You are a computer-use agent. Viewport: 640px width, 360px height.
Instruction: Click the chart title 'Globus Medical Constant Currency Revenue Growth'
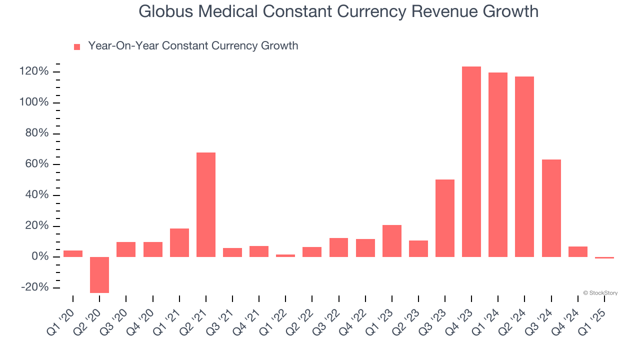point(338,11)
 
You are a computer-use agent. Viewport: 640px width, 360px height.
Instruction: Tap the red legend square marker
point(77,47)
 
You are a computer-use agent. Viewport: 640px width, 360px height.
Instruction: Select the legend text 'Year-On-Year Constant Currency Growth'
point(193,46)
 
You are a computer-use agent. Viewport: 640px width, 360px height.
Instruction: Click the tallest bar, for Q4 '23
point(471,161)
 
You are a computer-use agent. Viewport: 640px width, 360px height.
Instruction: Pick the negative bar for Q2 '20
point(99,274)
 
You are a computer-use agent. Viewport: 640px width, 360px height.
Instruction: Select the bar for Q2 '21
point(206,204)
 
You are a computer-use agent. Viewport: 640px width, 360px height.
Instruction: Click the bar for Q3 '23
point(444,218)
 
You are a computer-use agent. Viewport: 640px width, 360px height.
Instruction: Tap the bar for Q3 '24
point(551,208)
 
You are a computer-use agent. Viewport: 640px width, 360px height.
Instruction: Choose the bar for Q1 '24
point(497,164)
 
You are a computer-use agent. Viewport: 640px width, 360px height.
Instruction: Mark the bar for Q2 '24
point(524,166)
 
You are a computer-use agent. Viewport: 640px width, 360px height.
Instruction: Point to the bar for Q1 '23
point(391,240)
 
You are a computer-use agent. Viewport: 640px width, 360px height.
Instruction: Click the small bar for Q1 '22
point(285,255)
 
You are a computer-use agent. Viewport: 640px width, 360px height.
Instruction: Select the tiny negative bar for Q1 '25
point(604,257)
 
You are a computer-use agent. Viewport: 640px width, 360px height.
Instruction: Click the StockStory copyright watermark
point(600,293)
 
